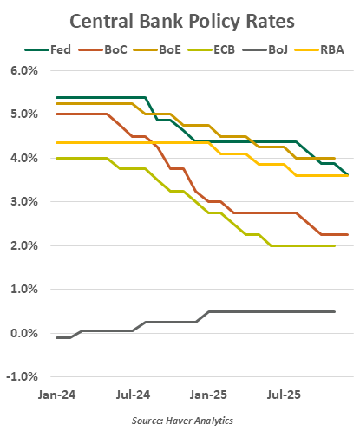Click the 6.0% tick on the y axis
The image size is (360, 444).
[x=23, y=70]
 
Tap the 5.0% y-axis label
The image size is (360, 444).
[x=23, y=114]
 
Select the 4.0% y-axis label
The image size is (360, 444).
[x=23, y=158]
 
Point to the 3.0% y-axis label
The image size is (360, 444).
[x=23, y=202]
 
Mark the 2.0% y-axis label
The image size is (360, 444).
[x=23, y=246]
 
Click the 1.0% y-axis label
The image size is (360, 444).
[x=23, y=290]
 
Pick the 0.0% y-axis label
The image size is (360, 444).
[x=23, y=334]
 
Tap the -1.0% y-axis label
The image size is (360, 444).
[x=22, y=377]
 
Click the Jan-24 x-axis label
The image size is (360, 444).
[x=57, y=395]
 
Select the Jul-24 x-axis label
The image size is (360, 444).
[x=133, y=395]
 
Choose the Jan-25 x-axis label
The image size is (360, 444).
[x=209, y=395]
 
